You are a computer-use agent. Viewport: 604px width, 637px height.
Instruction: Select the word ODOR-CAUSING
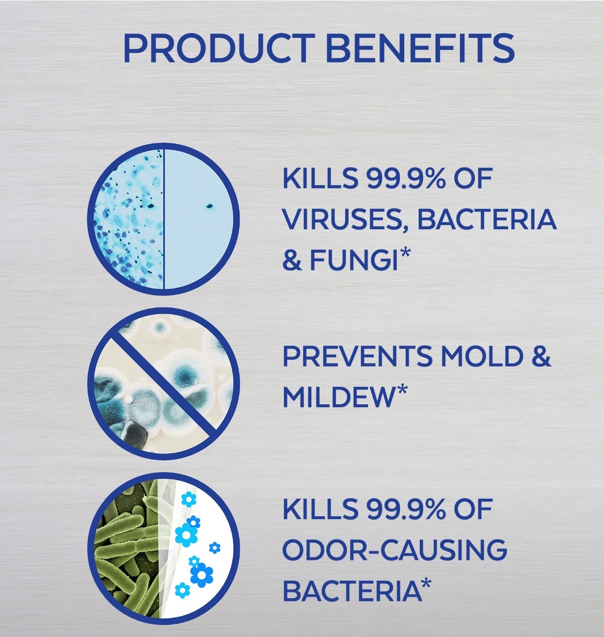coord(395,550)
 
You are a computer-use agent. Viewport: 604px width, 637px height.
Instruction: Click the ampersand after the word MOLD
coord(540,357)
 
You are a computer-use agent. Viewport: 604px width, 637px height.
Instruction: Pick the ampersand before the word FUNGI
coord(293,259)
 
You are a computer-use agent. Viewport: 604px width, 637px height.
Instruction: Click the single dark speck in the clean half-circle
coord(209,206)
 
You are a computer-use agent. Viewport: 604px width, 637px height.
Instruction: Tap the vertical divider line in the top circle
coord(163,219)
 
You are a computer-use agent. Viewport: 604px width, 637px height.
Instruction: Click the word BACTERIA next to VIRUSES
coord(487,219)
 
